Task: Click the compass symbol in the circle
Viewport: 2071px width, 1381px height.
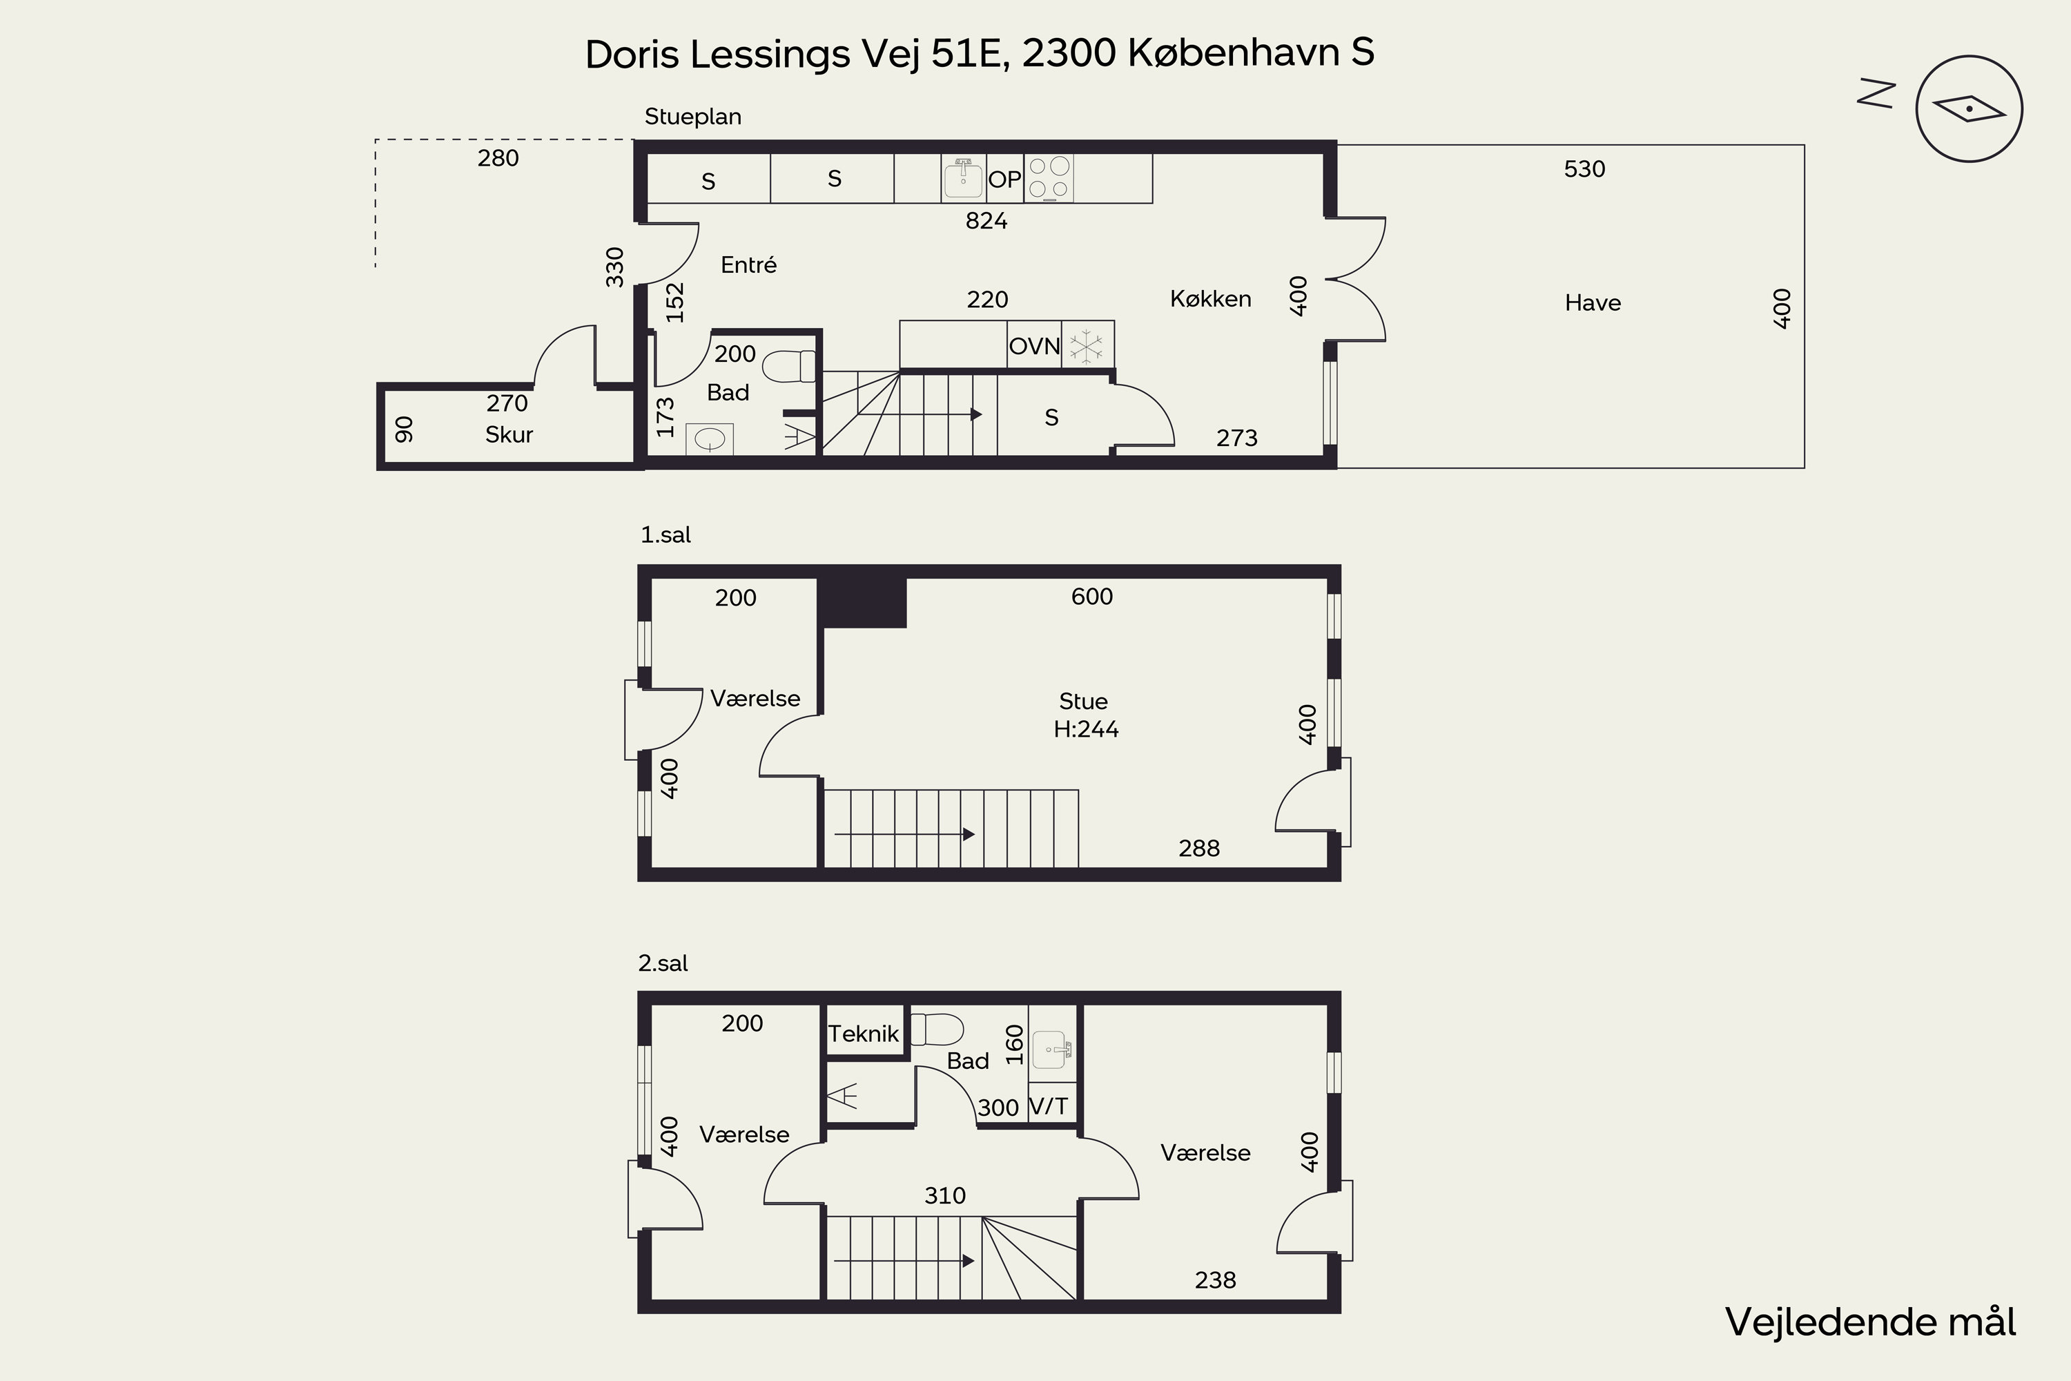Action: (x=1969, y=109)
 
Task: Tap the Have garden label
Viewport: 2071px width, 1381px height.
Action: (x=1593, y=303)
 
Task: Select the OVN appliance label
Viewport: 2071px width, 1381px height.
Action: (x=1035, y=346)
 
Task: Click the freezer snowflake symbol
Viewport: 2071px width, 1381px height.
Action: (x=1087, y=346)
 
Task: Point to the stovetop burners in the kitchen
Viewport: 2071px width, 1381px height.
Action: (x=1049, y=177)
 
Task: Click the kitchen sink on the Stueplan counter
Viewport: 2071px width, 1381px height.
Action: (x=963, y=179)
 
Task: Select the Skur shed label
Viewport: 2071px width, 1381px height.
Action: (x=509, y=434)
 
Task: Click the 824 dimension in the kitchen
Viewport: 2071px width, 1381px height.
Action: (x=986, y=220)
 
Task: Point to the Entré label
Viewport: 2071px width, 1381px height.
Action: (x=748, y=265)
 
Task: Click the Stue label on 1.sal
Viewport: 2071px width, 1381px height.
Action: (x=1083, y=701)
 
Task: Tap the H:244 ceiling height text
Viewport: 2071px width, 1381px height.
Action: (x=1086, y=729)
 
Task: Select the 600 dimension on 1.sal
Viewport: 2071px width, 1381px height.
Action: (x=1092, y=597)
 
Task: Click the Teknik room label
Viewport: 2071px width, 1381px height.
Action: (x=864, y=1033)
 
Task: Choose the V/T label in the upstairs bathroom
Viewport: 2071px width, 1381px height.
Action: (x=1048, y=1106)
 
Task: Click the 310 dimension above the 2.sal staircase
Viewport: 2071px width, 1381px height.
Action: (x=945, y=1195)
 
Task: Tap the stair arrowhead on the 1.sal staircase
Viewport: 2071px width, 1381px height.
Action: (x=969, y=834)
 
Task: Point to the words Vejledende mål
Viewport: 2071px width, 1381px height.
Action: (x=1870, y=1322)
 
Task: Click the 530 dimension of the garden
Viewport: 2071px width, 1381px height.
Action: (x=1584, y=169)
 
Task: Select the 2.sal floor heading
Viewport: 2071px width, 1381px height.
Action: (x=663, y=963)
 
